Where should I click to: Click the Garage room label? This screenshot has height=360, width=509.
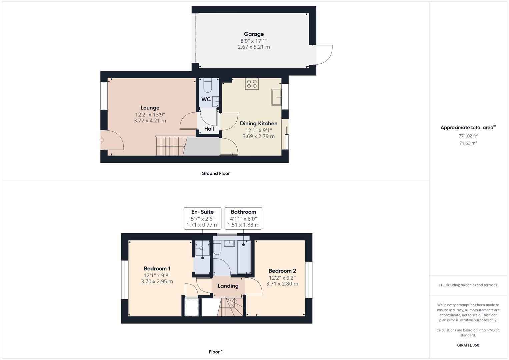click(x=254, y=34)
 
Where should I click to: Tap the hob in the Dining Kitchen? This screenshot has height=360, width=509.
click(x=252, y=84)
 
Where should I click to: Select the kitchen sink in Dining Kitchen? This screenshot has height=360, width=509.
click(x=276, y=97)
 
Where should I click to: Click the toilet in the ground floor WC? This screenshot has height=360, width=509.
click(x=207, y=86)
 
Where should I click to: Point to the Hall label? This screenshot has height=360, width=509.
click(x=209, y=129)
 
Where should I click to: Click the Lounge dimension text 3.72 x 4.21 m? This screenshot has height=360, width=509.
click(x=150, y=121)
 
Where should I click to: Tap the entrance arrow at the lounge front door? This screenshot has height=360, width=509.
click(x=102, y=140)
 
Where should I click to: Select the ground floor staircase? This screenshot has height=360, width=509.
click(x=170, y=146)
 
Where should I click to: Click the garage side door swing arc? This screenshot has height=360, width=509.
click(x=325, y=55)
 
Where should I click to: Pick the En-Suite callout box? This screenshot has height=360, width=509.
click(x=202, y=218)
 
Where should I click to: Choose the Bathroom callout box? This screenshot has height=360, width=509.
click(x=243, y=218)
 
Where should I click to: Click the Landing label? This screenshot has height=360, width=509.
click(x=228, y=286)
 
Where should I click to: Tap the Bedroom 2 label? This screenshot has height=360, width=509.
click(x=282, y=271)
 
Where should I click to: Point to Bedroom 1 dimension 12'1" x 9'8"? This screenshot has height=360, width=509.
click(x=157, y=275)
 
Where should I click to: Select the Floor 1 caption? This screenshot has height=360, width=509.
click(x=216, y=352)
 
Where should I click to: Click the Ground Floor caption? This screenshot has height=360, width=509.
click(x=215, y=173)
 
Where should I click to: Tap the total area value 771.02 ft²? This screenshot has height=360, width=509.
click(x=468, y=136)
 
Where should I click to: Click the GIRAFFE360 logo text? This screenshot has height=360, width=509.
click(x=468, y=345)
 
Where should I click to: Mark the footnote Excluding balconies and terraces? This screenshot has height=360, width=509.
click(x=468, y=285)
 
